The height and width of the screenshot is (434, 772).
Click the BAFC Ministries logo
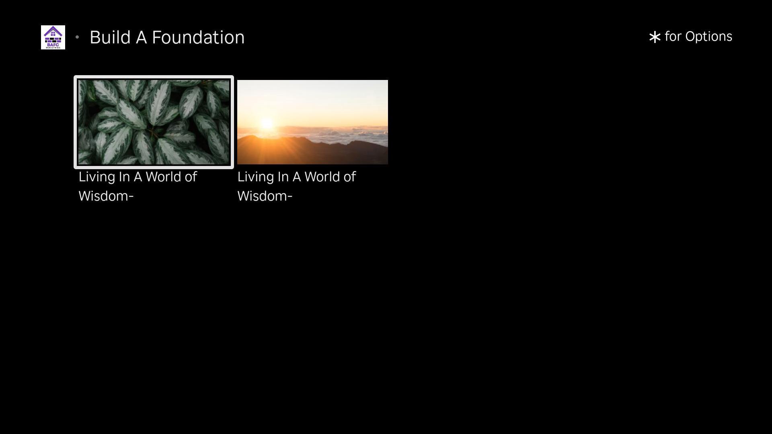click(53, 37)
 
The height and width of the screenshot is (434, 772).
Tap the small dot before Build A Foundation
click(77, 37)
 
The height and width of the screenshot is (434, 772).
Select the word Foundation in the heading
click(198, 37)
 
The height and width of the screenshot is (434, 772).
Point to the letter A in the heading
click(141, 37)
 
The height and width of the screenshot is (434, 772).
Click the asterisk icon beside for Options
click(655, 37)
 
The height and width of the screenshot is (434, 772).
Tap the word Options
click(709, 37)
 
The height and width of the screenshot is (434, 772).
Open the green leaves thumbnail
click(154, 122)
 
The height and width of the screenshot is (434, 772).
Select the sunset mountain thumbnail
click(312, 122)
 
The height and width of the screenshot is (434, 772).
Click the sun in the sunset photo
click(267, 123)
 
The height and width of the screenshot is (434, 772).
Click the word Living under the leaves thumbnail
click(96, 177)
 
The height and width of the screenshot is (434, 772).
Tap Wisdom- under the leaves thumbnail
click(106, 196)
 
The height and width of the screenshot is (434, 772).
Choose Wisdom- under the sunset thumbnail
click(265, 196)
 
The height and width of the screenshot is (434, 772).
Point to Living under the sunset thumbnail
click(255, 177)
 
